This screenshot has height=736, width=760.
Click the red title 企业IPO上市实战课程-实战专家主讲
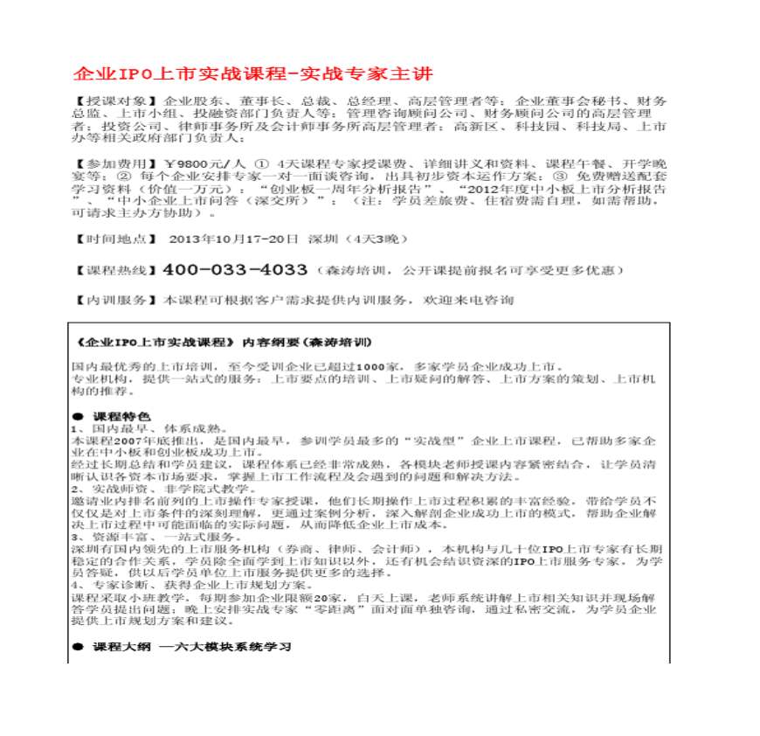252,73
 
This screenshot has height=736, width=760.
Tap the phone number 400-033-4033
235,269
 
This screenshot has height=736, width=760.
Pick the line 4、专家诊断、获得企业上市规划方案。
187,584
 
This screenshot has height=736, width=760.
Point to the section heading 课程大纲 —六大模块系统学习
191,647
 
